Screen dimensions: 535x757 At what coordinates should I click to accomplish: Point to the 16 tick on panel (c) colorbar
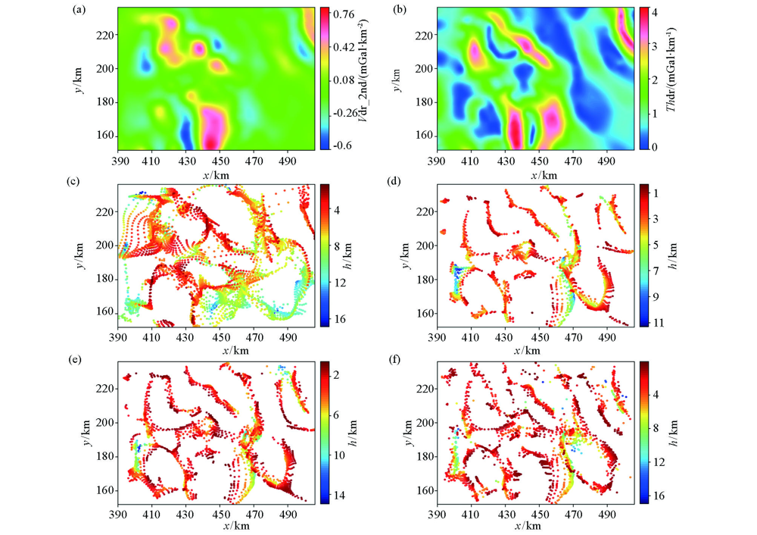click(341, 319)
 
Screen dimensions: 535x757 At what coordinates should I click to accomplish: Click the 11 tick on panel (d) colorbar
click(656, 323)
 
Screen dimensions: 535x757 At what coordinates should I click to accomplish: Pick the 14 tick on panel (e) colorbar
click(341, 495)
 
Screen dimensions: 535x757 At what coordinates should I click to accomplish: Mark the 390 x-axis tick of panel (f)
click(437, 515)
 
